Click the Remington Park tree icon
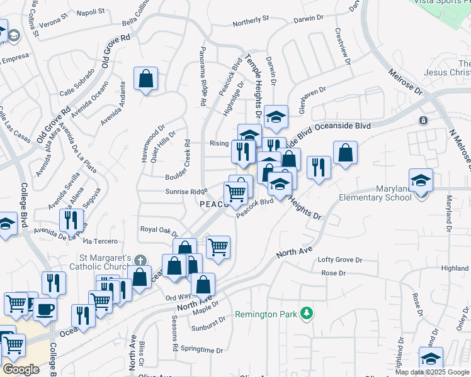click(306, 313)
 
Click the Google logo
click(20, 369)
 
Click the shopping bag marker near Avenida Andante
click(145, 79)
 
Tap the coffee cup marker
click(45, 309)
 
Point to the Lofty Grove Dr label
click(340, 260)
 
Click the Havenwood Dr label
click(152, 143)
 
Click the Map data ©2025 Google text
click(432, 371)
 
